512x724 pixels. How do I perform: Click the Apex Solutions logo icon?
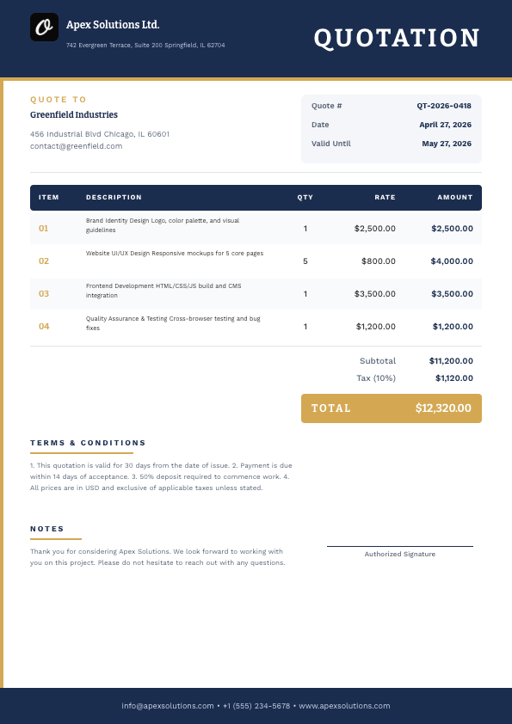(x=44, y=27)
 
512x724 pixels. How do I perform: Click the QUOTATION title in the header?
(x=397, y=38)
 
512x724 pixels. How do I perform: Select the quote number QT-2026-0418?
(x=444, y=106)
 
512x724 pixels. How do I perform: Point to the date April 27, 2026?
(x=445, y=125)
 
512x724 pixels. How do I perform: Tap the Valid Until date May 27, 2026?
(x=447, y=144)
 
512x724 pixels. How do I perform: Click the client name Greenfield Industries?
(x=74, y=114)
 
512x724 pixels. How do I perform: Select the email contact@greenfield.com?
(x=76, y=146)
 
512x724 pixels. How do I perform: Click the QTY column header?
(x=305, y=198)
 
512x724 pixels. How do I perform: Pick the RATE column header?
(x=385, y=198)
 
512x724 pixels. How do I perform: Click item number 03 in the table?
(x=44, y=294)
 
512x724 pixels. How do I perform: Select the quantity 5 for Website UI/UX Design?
(x=305, y=261)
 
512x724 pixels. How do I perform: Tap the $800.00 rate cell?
(x=379, y=261)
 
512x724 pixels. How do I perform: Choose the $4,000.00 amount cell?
(x=452, y=261)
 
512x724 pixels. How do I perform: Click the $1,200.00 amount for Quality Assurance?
(x=453, y=327)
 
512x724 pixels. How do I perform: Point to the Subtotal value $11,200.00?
(x=451, y=361)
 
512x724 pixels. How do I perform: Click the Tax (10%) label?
(x=376, y=377)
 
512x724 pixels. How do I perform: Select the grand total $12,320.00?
(x=443, y=408)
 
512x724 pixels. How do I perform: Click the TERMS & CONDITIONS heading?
(x=88, y=443)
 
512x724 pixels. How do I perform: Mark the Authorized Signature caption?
(x=400, y=554)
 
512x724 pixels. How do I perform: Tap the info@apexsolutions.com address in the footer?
(x=168, y=706)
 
